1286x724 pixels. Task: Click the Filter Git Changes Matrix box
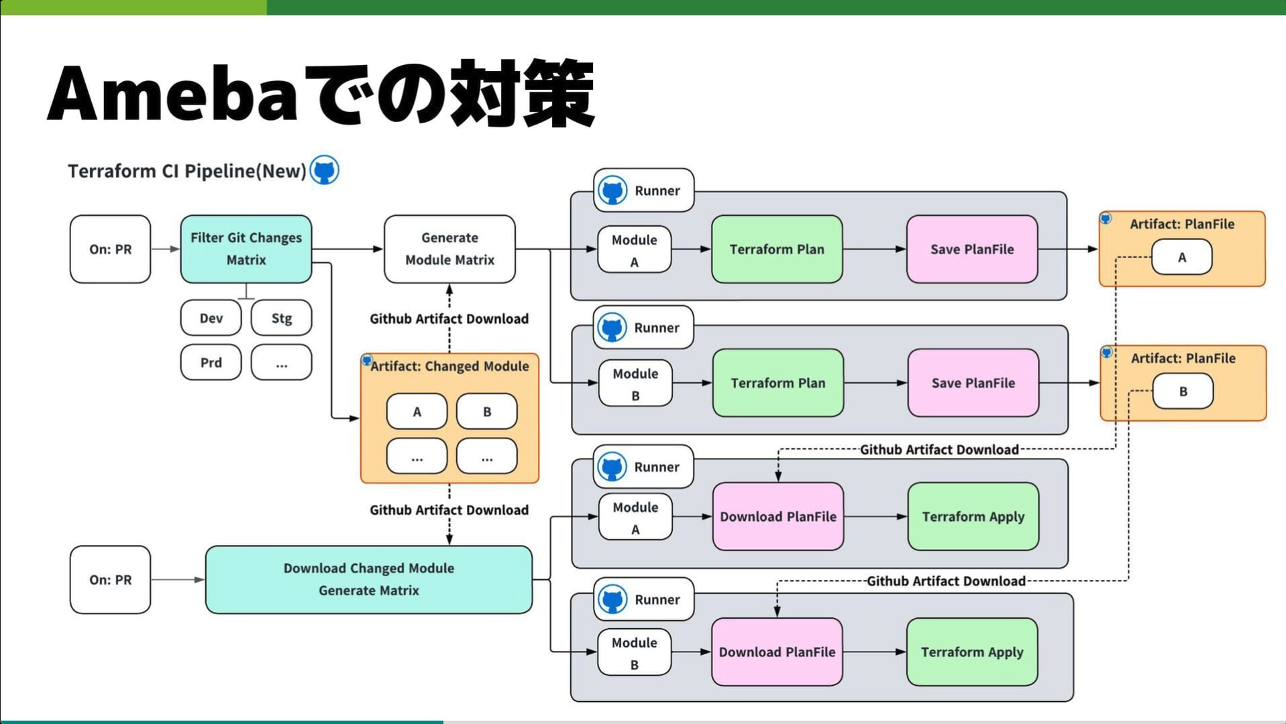tap(246, 249)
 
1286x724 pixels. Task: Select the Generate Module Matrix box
tap(449, 249)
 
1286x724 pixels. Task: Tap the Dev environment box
tap(211, 318)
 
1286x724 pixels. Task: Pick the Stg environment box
tap(281, 318)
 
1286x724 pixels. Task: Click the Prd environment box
tap(211, 363)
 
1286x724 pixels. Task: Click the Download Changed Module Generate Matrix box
tap(368, 579)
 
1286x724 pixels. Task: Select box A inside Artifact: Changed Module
tap(417, 412)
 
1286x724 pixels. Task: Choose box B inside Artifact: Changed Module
tap(486, 412)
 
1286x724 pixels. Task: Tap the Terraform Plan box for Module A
tap(776, 249)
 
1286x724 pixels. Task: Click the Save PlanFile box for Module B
tap(973, 383)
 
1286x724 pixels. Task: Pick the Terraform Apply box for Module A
tap(973, 516)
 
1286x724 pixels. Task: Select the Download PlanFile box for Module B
tap(777, 652)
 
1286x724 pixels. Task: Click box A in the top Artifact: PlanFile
tap(1181, 257)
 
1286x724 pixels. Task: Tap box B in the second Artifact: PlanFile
tap(1183, 391)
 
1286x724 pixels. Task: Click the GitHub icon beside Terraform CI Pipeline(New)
tap(325, 170)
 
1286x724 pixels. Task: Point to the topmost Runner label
tap(657, 190)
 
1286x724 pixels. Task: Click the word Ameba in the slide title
tap(172, 94)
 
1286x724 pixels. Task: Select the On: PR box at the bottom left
tap(110, 579)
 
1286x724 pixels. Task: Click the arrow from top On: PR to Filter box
tap(165, 249)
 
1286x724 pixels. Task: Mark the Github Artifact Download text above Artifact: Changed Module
tap(449, 319)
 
